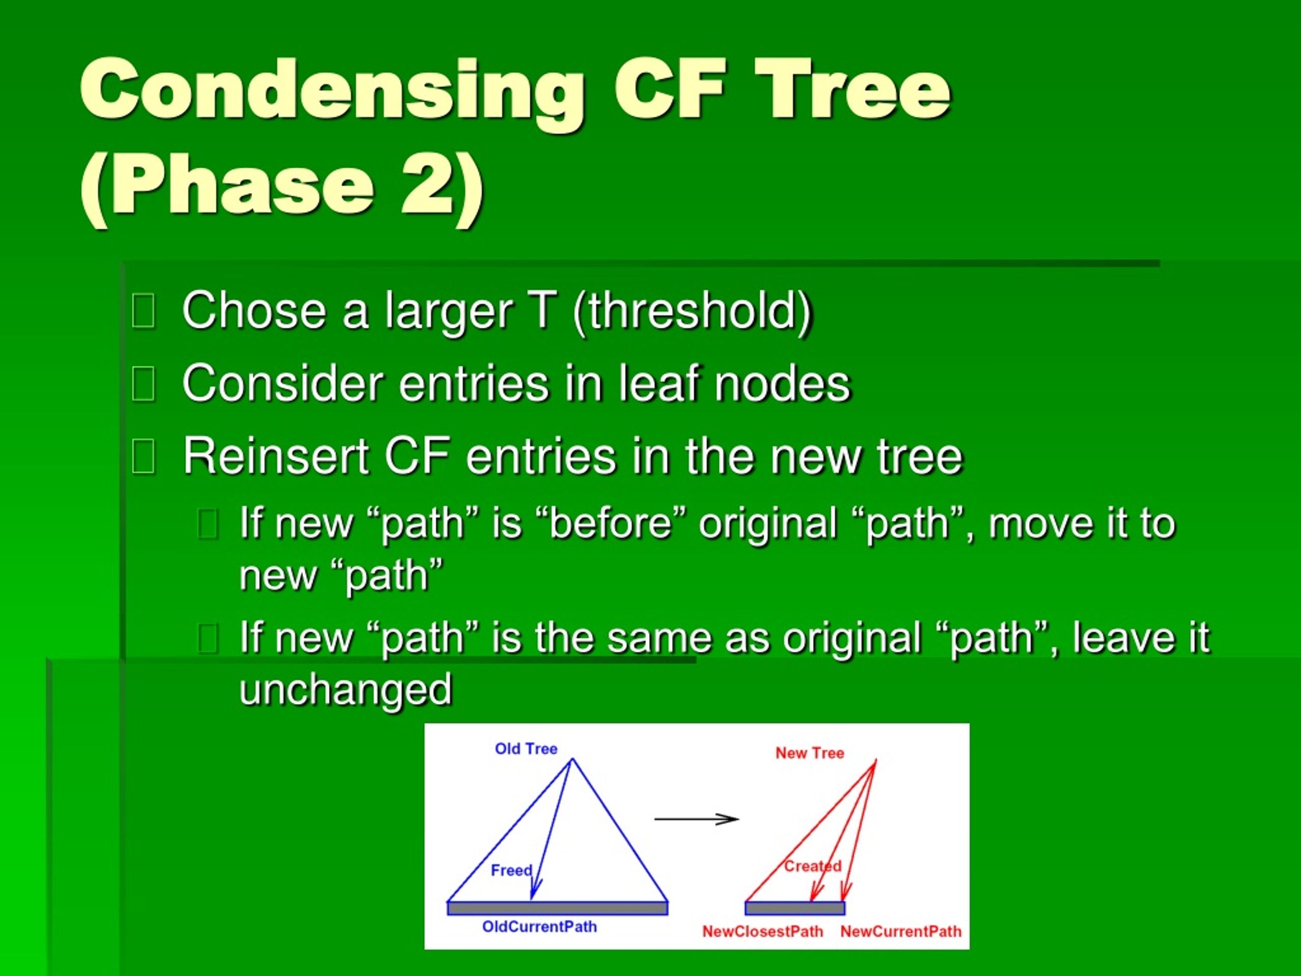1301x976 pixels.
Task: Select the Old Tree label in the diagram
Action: click(x=526, y=749)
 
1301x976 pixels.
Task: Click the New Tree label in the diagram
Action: click(x=809, y=753)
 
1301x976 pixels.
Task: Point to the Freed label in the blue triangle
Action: click(x=511, y=870)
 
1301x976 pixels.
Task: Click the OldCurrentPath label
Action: click(x=539, y=927)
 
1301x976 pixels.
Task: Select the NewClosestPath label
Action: click(x=763, y=931)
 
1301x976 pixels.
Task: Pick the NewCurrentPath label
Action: click(x=901, y=931)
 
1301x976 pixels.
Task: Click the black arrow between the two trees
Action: click(x=696, y=819)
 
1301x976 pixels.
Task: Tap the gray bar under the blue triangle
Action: click(x=557, y=908)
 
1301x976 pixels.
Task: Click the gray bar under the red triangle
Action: click(x=795, y=908)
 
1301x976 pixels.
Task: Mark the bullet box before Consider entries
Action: click(x=143, y=384)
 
